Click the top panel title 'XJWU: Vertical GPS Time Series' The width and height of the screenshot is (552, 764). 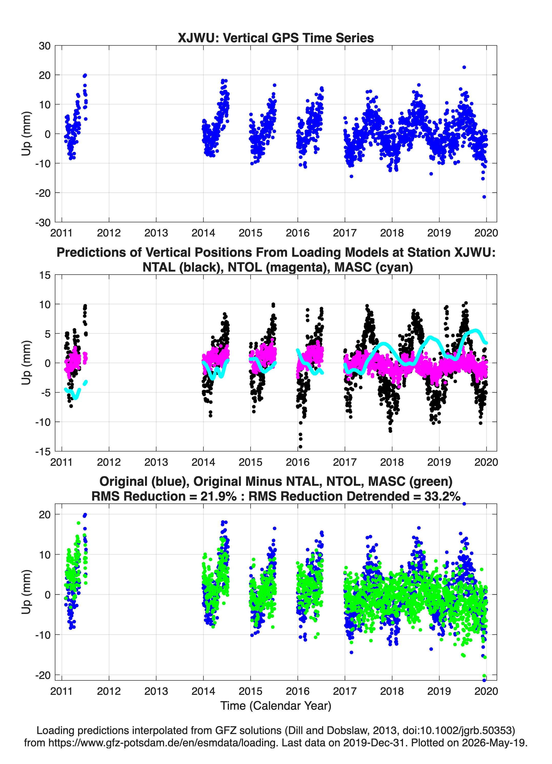click(x=276, y=38)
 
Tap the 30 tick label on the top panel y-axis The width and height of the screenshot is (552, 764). click(x=45, y=46)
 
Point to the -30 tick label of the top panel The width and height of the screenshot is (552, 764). click(x=43, y=222)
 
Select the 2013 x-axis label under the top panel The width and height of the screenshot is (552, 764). click(x=156, y=233)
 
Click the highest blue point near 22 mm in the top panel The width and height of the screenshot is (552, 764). click(x=464, y=67)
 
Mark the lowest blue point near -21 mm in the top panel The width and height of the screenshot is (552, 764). click(x=484, y=197)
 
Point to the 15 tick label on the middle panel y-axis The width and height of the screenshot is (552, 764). click(x=45, y=275)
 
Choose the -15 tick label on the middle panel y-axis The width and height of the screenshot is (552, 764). click(x=43, y=451)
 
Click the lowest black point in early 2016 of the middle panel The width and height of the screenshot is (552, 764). click(x=300, y=447)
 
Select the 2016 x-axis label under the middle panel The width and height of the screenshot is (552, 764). click(x=298, y=462)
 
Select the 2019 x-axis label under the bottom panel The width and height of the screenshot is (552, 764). click(x=439, y=691)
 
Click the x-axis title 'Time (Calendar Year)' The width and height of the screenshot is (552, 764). click(x=276, y=706)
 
